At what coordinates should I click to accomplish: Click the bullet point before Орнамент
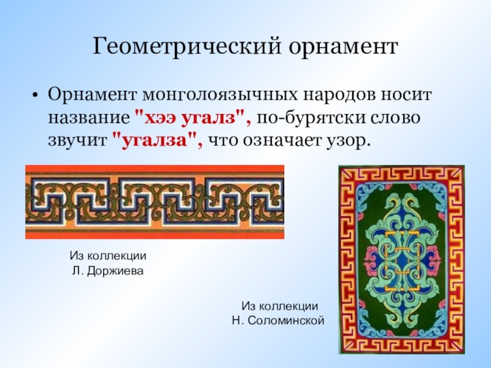(36, 95)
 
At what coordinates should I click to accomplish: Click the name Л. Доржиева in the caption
(108, 270)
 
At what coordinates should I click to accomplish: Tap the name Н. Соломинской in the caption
(278, 320)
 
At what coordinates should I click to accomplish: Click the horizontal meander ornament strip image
(155, 202)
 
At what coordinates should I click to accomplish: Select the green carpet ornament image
(402, 259)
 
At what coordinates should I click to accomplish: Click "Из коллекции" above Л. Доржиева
(108, 256)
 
